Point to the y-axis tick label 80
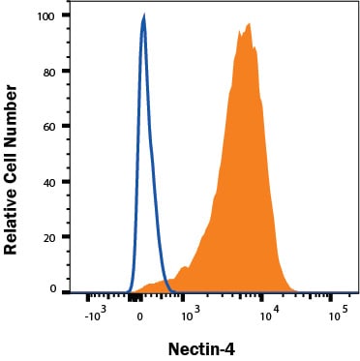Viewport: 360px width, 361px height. pos(50,72)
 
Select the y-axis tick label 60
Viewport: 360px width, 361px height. pos(50,127)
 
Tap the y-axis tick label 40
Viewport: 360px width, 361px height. pos(50,183)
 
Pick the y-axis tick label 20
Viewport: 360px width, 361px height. pos(50,238)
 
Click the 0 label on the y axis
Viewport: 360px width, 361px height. pos(53,288)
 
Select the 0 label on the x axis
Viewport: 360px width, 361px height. pos(140,316)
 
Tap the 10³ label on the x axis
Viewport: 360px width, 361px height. pos(191,315)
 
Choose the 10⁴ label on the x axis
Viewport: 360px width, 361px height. pos(270,315)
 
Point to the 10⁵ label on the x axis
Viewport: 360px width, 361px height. pos(339,315)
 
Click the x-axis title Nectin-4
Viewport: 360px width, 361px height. pos(201,348)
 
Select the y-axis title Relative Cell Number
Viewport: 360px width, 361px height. pos(10,169)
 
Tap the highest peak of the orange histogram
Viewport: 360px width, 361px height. pos(249,24)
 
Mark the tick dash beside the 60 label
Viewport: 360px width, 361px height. pos(66,126)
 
